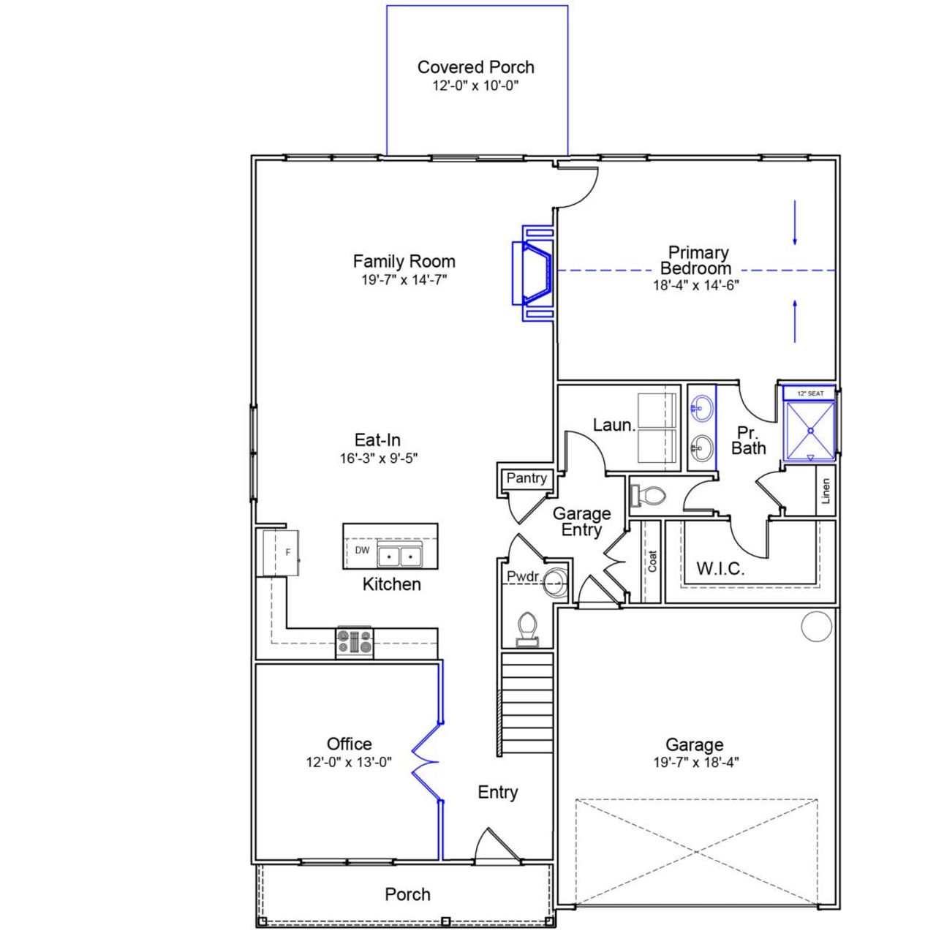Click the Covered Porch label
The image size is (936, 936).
click(x=475, y=67)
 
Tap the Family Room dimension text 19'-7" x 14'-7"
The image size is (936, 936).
click(x=404, y=280)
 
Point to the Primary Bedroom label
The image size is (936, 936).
click(x=698, y=260)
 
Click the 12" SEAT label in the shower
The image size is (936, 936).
click(x=809, y=394)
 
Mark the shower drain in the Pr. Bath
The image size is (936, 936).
click(x=810, y=431)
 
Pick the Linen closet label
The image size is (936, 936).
click(x=826, y=491)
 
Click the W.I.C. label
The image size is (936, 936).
click(x=720, y=569)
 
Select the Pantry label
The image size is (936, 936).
click(x=526, y=478)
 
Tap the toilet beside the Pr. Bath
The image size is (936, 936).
click(x=648, y=496)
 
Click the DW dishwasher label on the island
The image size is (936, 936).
click(x=362, y=551)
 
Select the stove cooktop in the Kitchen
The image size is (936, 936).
click(x=355, y=642)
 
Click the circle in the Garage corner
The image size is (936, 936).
click(x=816, y=627)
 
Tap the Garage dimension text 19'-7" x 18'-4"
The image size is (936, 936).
click(x=695, y=763)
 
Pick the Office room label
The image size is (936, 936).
click(x=349, y=744)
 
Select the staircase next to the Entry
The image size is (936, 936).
click(x=526, y=703)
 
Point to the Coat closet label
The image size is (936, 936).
click(x=652, y=561)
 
